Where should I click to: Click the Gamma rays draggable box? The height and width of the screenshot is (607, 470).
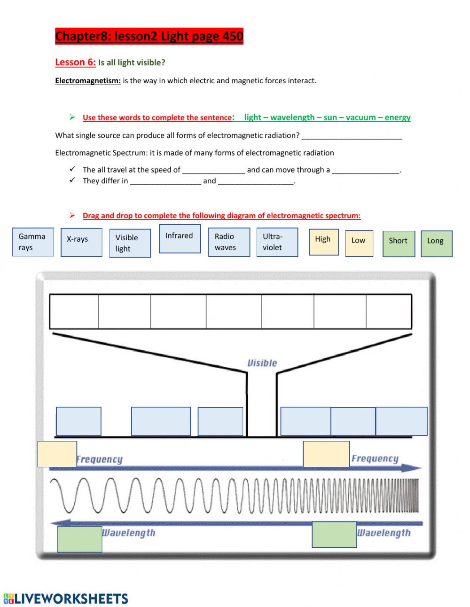pyautogui.click(x=33, y=242)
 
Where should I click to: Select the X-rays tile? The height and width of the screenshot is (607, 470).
pyautogui.click(x=81, y=242)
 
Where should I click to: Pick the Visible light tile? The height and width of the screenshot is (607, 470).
pyautogui.click(x=130, y=243)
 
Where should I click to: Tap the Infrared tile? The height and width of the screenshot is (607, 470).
pyautogui.click(x=180, y=239)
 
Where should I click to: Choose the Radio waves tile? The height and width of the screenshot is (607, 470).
pyautogui.click(x=229, y=242)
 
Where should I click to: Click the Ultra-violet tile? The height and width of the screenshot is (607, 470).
pyautogui.click(x=277, y=242)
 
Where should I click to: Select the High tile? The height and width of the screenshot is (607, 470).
pyautogui.click(x=323, y=242)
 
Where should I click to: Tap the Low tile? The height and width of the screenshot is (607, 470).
pyautogui.click(x=359, y=243)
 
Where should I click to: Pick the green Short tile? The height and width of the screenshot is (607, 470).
pyautogui.click(x=399, y=244)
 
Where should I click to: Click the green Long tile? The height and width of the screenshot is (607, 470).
pyautogui.click(x=436, y=244)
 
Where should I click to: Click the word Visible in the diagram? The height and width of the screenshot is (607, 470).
pyautogui.click(x=262, y=363)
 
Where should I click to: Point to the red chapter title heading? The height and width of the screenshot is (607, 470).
pyautogui.click(x=149, y=36)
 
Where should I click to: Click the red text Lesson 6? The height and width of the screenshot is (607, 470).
pyautogui.click(x=75, y=63)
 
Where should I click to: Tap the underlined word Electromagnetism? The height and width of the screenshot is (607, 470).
pyautogui.click(x=88, y=81)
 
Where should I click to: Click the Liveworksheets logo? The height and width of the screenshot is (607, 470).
pyautogui.click(x=66, y=598)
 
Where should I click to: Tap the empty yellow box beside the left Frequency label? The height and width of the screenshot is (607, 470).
pyautogui.click(x=57, y=454)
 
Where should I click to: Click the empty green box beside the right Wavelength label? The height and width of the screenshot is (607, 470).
pyautogui.click(x=334, y=535)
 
